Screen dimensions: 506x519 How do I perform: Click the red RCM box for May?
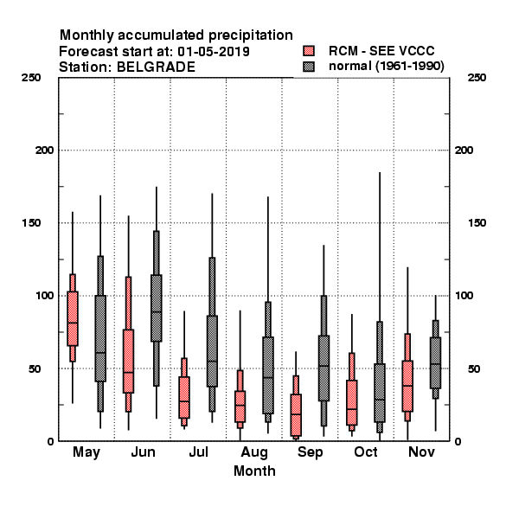pyautogui.click(x=73, y=318)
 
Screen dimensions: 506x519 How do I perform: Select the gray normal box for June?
pyautogui.click(x=157, y=308)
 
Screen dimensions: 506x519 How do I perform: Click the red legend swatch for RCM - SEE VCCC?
pyautogui.click(x=309, y=51)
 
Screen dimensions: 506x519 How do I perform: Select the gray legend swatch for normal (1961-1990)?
pyautogui.click(x=309, y=67)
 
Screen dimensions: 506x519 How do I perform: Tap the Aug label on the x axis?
pyautogui.click(x=254, y=452)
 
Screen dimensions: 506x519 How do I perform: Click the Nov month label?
pyautogui.click(x=421, y=452)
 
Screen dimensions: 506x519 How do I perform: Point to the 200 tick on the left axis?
pyautogui.click(x=44, y=151)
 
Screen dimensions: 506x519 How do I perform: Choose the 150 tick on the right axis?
pyautogui.click(x=477, y=223)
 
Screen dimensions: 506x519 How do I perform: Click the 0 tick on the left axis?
pyautogui.click(x=50, y=441)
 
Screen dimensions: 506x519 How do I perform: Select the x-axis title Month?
pyautogui.click(x=254, y=471)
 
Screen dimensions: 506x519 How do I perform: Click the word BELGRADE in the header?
pyautogui.click(x=156, y=67)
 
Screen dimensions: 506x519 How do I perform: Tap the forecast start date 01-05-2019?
pyautogui.click(x=214, y=52)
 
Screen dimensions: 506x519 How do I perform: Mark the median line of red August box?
pyautogui.click(x=240, y=405)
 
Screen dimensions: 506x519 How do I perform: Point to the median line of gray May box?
pyautogui.click(x=100, y=353)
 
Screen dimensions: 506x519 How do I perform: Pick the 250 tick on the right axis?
pyautogui.click(x=477, y=78)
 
